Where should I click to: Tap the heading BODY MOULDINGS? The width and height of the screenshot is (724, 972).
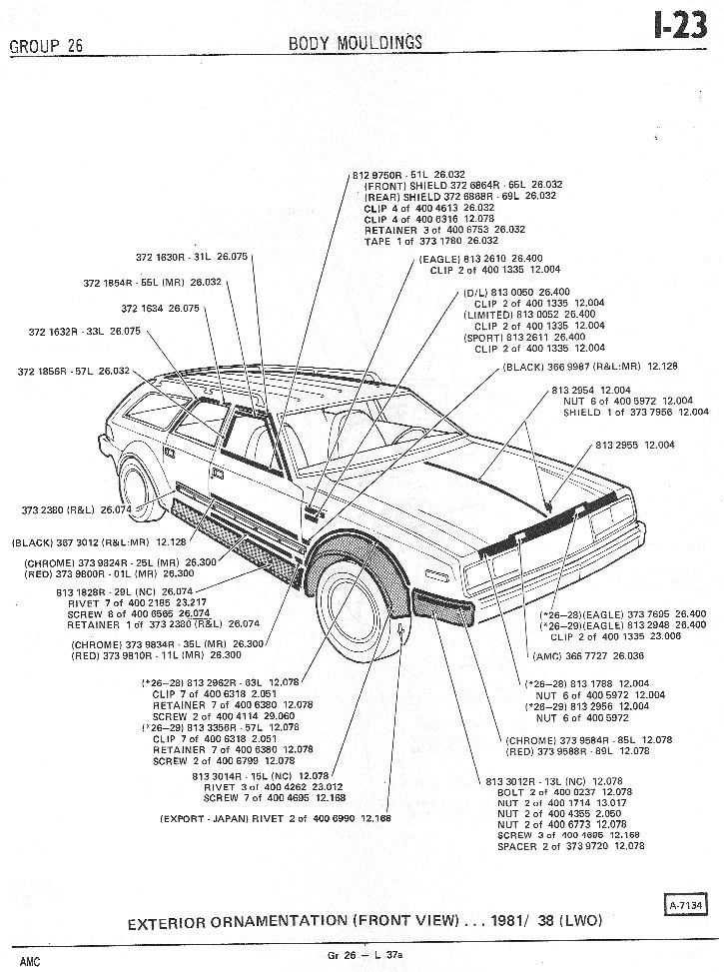pyautogui.click(x=355, y=42)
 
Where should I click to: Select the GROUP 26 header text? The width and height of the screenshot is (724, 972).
pyautogui.click(x=45, y=46)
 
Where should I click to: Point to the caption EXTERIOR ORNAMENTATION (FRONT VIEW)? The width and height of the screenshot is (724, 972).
pyautogui.click(x=364, y=922)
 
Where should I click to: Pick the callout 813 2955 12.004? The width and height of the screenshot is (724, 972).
pyautogui.click(x=636, y=444)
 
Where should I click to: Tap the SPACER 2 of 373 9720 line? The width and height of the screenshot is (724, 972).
pyautogui.click(x=570, y=846)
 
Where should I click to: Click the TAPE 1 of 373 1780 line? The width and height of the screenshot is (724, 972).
pyautogui.click(x=431, y=241)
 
